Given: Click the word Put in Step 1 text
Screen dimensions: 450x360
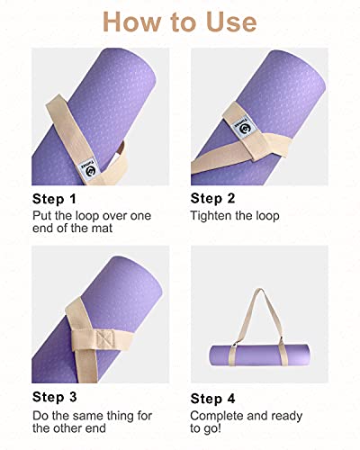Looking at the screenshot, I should (x=43, y=216).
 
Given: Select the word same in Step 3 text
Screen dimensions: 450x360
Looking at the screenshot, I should (x=87, y=415).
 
